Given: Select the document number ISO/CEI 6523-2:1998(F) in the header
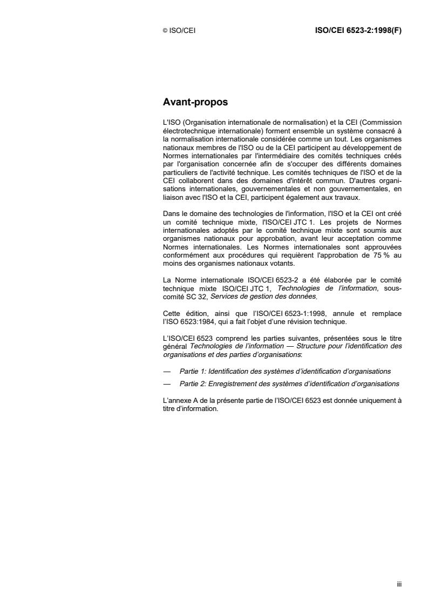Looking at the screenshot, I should point(358,31).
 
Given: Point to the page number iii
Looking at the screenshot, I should point(399,584).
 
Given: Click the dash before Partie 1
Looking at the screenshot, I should point(166,373).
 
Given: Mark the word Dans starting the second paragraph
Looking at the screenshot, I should point(172,216).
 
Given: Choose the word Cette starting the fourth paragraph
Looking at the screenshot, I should point(172,313).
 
